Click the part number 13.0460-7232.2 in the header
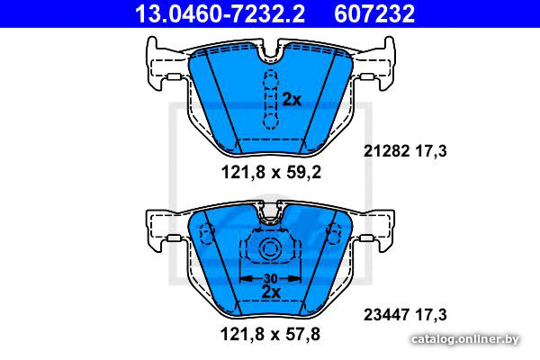coord(220,13)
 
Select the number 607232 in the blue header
coord(374,13)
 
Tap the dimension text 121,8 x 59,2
coord(271,172)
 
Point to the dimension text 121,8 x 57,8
coord(270,334)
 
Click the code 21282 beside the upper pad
coord(387,151)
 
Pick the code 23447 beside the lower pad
coord(387,314)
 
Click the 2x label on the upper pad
coord(292,100)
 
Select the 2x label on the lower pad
coord(271,292)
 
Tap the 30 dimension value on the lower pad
coord(271,278)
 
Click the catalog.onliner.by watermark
coord(465,339)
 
